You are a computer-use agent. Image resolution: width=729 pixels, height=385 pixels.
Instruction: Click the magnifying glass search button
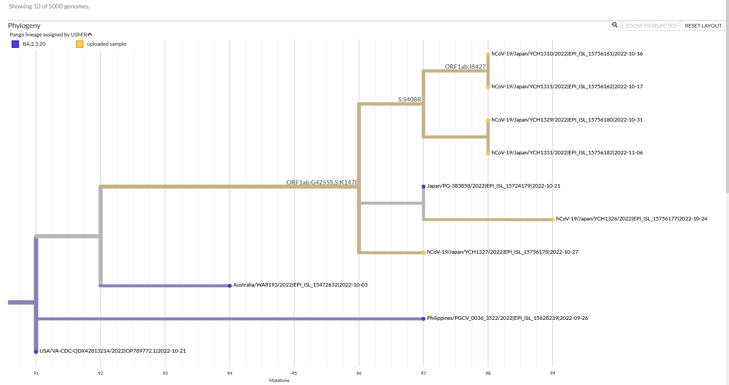click(x=615, y=25)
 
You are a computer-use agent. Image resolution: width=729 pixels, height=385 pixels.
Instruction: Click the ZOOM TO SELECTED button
click(x=651, y=26)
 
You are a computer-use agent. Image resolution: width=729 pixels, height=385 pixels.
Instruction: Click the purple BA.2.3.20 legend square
click(x=16, y=44)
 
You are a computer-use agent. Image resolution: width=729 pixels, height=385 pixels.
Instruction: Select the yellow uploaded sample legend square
click(x=80, y=44)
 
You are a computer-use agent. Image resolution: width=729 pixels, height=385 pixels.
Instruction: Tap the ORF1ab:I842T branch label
click(x=465, y=67)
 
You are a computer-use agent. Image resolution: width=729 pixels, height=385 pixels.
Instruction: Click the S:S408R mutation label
click(x=409, y=99)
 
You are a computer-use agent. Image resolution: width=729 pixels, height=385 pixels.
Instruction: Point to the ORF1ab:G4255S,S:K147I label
click(x=321, y=182)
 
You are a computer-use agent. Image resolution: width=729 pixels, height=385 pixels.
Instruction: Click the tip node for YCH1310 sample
click(x=488, y=54)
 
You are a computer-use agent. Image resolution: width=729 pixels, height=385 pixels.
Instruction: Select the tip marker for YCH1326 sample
click(x=552, y=220)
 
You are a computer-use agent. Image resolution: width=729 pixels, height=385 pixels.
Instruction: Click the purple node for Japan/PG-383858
click(x=424, y=186)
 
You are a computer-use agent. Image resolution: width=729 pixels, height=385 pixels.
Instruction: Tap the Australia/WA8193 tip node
click(x=230, y=286)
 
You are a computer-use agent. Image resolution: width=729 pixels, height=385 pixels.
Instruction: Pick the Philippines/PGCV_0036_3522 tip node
click(x=424, y=318)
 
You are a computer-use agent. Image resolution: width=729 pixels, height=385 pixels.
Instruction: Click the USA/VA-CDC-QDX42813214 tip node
click(x=36, y=352)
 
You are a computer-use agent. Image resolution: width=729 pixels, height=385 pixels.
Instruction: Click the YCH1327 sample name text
click(x=502, y=252)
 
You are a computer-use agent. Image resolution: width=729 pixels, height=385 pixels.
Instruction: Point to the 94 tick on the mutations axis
click(x=230, y=373)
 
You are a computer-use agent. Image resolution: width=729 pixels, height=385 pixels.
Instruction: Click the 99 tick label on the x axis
click(x=552, y=373)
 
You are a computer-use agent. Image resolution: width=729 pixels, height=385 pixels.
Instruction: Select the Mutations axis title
click(x=279, y=380)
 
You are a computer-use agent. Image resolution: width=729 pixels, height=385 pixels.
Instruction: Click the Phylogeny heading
click(x=24, y=26)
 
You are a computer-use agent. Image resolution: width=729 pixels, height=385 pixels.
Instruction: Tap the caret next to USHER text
click(x=90, y=34)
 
